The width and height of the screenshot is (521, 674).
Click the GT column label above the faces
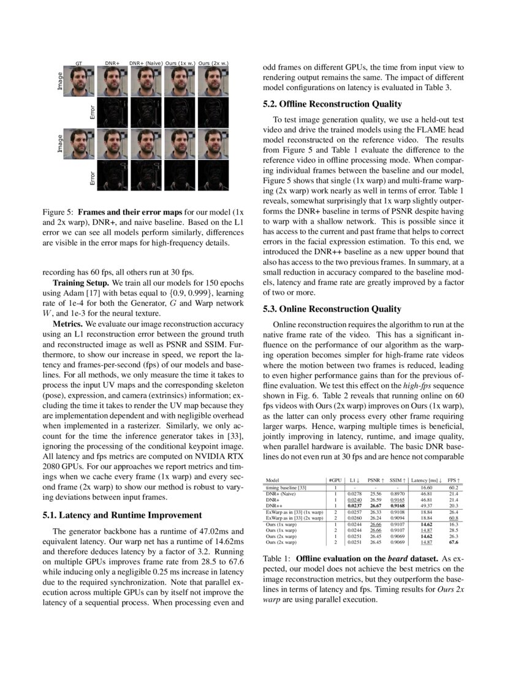(x=78, y=62)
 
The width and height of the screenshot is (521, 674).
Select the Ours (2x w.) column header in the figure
(x=213, y=62)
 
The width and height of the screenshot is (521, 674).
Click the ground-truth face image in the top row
(x=78, y=80)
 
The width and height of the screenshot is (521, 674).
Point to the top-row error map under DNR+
(x=112, y=110)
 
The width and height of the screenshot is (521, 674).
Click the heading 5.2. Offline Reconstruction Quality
(x=332, y=104)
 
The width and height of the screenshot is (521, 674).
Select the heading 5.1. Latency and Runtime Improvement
(x=120, y=515)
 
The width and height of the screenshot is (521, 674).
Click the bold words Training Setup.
(x=80, y=284)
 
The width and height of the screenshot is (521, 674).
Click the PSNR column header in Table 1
(x=376, y=480)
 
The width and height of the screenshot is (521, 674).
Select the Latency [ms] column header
(x=427, y=480)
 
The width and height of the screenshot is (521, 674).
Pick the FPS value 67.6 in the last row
(x=454, y=542)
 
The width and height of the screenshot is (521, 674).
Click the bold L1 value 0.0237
(x=354, y=505)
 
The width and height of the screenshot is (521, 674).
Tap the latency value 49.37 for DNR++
(x=427, y=505)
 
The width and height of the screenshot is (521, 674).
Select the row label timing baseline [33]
(x=286, y=487)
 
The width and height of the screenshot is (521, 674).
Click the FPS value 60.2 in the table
(x=454, y=487)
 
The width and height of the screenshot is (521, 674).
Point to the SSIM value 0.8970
(x=397, y=493)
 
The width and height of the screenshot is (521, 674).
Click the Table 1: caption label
(x=277, y=559)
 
